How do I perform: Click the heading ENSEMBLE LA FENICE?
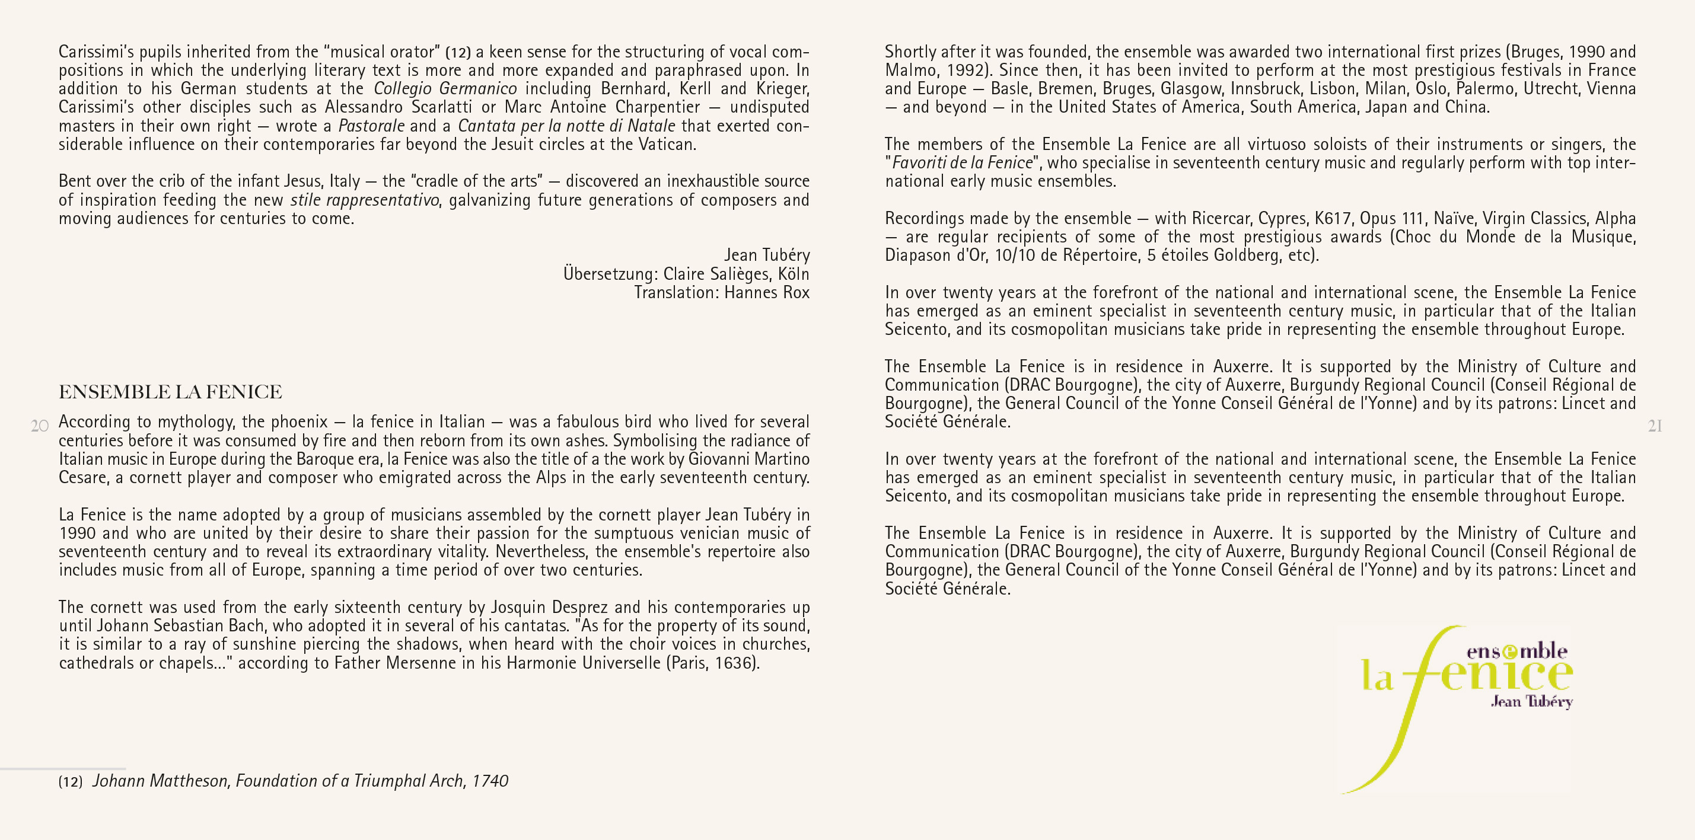pyautogui.click(x=170, y=392)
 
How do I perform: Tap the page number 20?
pyautogui.click(x=40, y=426)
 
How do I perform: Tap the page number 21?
pyautogui.click(x=1655, y=426)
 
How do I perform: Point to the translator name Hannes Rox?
pyautogui.click(x=767, y=292)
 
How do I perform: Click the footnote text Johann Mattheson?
pyautogui.click(x=161, y=781)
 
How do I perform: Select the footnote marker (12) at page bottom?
pyautogui.click(x=71, y=781)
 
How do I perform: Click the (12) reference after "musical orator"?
pyautogui.click(x=458, y=53)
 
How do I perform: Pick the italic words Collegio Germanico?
pyautogui.click(x=445, y=89)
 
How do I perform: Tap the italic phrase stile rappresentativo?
pyautogui.click(x=365, y=200)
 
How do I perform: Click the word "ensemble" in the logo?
pyautogui.click(x=1516, y=651)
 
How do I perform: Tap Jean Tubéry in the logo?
pyautogui.click(x=1531, y=701)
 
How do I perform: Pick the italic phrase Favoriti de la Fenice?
pyautogui.click(x=961, y=162)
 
